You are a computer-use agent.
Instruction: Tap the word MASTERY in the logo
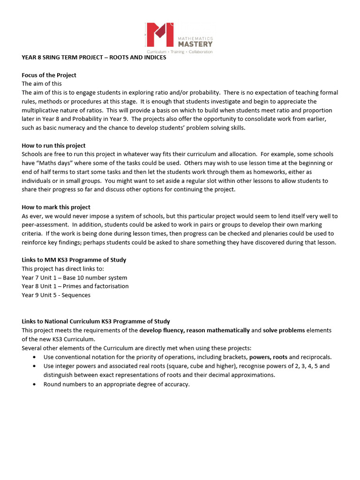pyautogui.click(x=195, y=44)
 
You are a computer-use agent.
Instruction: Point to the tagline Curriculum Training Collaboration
pyautogui.click(x=179, y=51)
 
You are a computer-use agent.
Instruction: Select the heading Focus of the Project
pyautogui.click(x=49, y=75)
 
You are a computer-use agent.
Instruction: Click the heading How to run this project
pyautogui.click(x=53, y=145)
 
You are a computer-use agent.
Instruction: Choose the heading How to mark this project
pyautogui.click(x=56, y=207)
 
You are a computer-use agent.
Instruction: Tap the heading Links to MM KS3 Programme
pyautogui.click(x=74, y=260)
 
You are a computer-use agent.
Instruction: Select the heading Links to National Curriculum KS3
pyautogui.click(x=96, y=322)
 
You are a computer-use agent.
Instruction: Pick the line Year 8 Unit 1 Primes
pyautogui.click(x=75, y=286)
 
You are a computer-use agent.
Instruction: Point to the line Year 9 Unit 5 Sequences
pyautogui.click(x=56, y=295)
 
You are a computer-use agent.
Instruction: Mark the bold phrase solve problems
pyautogui.click(x=284, y=330)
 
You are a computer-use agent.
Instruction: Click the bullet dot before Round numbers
pyautogui.click(x=35, y=384)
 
